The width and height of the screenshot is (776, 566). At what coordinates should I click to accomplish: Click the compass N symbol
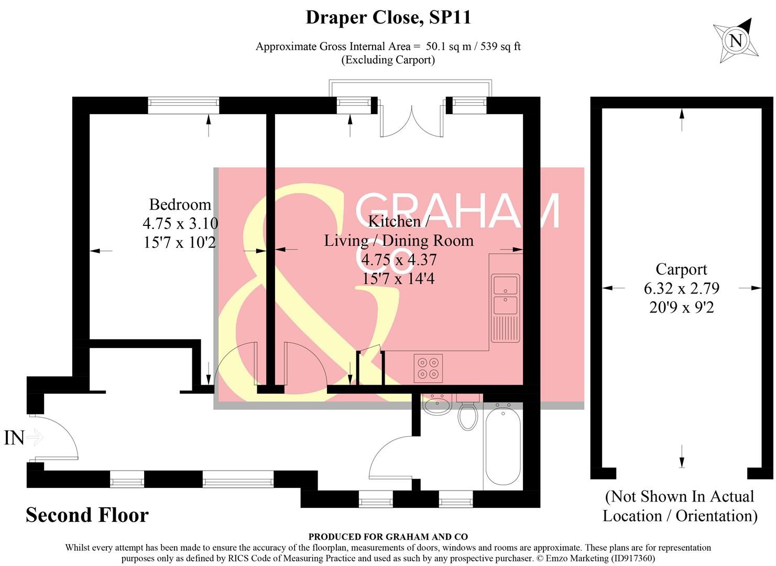coord(736,41)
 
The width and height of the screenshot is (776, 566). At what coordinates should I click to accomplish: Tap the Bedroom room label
coord(180,204)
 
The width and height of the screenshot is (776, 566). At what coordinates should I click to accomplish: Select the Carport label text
coord(681,270)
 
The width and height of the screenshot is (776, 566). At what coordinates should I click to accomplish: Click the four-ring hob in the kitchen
coord(428,368)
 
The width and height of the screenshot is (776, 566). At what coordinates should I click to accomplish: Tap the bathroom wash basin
coord(436,404)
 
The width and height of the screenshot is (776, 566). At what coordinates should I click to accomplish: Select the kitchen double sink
coord(506,308)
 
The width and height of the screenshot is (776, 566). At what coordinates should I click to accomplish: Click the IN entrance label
coord(14,438)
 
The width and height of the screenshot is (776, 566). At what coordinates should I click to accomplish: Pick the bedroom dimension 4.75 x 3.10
coord(180,223)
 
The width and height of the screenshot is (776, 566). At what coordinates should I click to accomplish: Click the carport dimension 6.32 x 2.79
coord(682,288)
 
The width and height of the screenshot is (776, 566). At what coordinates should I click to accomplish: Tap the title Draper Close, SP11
coord(388,17)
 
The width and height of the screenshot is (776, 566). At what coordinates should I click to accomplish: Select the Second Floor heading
coord(88,515)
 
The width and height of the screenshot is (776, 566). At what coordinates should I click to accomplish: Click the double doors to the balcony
coord(411,120)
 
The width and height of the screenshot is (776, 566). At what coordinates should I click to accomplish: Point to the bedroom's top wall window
coord(183,105)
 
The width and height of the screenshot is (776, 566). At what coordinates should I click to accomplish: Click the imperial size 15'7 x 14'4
coord(398,279)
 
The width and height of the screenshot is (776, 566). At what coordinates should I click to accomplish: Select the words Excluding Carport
coord(388,60)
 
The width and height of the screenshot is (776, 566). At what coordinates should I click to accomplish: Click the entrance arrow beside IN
coord(35,438)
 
